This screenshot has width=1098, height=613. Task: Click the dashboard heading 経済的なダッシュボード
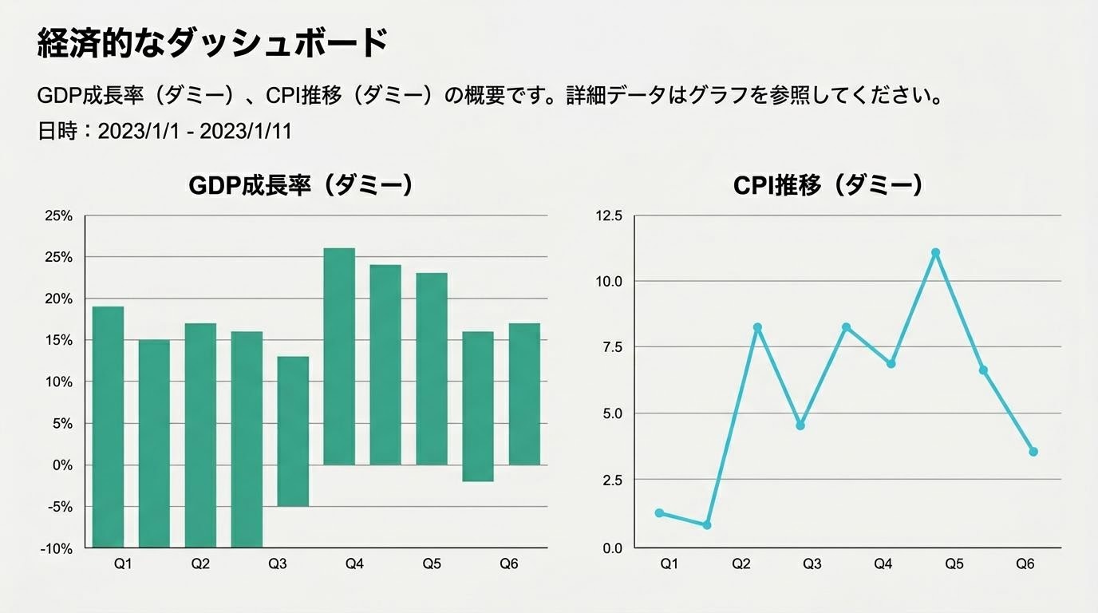pos(212,43)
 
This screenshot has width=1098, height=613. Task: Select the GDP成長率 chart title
pos(301,185)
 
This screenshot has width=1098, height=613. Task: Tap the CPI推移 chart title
pos(827,185)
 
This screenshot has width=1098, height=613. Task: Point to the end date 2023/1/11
pos(246,131)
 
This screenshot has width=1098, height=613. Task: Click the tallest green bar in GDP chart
pos(339,356)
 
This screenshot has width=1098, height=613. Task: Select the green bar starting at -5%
pos(293,431)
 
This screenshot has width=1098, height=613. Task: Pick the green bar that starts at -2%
pos(478,405)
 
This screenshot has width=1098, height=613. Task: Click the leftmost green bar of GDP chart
pos(108,426)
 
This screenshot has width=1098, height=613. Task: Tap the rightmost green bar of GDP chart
pos(524,394)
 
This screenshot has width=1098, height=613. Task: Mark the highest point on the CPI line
pos(935,252)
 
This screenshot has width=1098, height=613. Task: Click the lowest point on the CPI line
pos(706,524)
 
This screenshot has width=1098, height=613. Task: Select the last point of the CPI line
pos(1033,452)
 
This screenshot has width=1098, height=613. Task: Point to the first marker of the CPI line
pos(659,512)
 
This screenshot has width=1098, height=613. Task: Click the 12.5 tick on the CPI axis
pos(609,216)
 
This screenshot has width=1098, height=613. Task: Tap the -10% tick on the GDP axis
pos(57,548)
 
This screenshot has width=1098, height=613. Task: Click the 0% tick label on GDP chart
pos(61,465)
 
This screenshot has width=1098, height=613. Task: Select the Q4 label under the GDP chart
pos(354,564)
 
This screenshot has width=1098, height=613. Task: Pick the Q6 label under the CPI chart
pos(1025,564)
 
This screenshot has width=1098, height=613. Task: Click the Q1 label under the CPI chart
pos(669,564)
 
